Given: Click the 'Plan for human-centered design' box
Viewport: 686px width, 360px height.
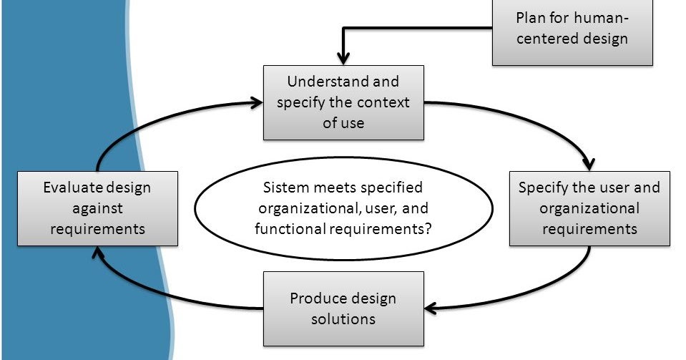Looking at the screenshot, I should [x=572, y=29].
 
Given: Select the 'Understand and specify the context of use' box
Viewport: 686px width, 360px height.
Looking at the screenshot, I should [x=343, y=102].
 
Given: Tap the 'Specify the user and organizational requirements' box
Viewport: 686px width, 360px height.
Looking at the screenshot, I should [x=589, y=208].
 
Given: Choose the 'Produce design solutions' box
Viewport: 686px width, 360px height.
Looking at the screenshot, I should [x=343, y=308].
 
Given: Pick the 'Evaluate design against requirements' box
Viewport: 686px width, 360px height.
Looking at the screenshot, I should [x=97, y=208].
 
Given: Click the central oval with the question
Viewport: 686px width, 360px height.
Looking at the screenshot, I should [x=343, y=208].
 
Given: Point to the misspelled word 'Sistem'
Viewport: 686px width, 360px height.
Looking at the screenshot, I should [x=284, y=188].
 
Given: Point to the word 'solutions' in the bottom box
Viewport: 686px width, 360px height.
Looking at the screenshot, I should [x=343, y=318].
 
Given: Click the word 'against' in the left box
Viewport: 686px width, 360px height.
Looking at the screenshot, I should [x=97, y=208].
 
